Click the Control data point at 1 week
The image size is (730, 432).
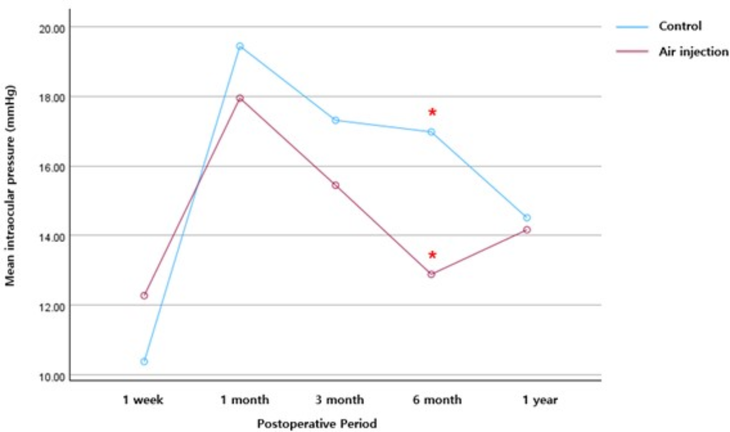pos(144,361)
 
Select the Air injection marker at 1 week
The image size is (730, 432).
pos(144,295)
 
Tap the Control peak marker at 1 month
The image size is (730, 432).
pos(240,46)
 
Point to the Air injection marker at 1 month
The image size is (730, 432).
pos(240,98)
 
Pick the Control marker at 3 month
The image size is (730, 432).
pos(335,120)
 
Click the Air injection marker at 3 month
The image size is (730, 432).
pos(335,185)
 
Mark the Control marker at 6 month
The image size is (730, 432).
pos(431,132)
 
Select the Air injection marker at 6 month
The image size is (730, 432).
pos(431,274)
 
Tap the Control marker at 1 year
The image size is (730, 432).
pos(527,217)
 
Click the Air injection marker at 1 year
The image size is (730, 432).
pos(527,229)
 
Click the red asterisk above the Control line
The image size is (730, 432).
pos(432,112)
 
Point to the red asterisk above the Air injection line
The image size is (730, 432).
pos(432,255)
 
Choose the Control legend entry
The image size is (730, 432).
pos(680,26)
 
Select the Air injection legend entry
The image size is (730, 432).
pos(693,52)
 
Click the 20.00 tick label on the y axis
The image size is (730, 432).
pos(52,29)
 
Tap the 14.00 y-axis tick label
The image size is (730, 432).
pos(52,237)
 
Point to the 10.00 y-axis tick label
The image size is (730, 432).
pos(52,377)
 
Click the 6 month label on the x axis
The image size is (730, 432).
pos(437,400)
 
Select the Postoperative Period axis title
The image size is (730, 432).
pos(317,424)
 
